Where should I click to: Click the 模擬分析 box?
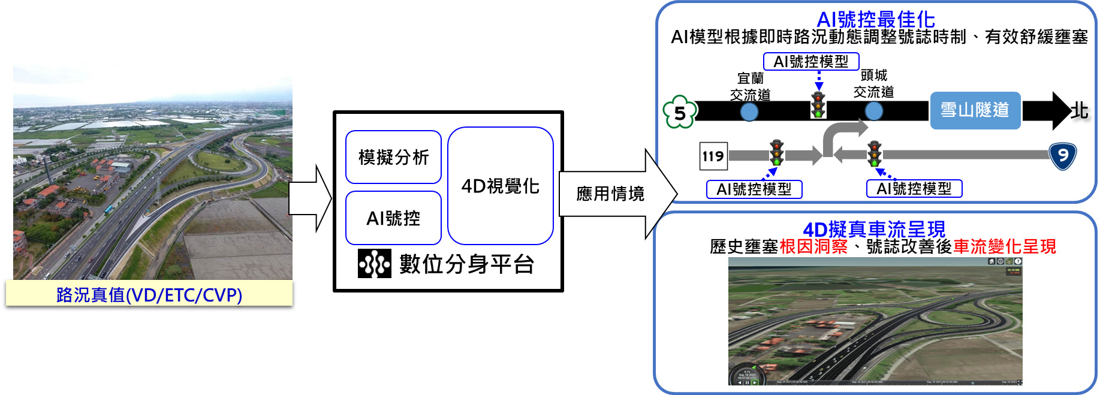393,157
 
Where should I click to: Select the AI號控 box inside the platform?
393,218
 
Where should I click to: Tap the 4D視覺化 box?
500,186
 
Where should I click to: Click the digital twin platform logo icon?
374,264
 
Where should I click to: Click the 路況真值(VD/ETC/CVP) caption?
149,294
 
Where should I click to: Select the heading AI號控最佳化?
875,19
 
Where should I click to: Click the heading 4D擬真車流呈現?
873,229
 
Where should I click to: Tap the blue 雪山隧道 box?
975,110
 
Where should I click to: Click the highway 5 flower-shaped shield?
680,112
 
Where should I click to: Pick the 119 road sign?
713,156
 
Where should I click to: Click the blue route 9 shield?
1062,156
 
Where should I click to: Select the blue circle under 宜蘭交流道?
749,111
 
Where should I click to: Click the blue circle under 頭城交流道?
873,111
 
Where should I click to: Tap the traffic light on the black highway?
818,105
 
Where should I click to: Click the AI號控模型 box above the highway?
810,61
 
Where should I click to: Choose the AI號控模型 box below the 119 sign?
754,189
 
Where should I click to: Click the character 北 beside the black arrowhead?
1080,110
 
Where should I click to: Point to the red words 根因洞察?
813,246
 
